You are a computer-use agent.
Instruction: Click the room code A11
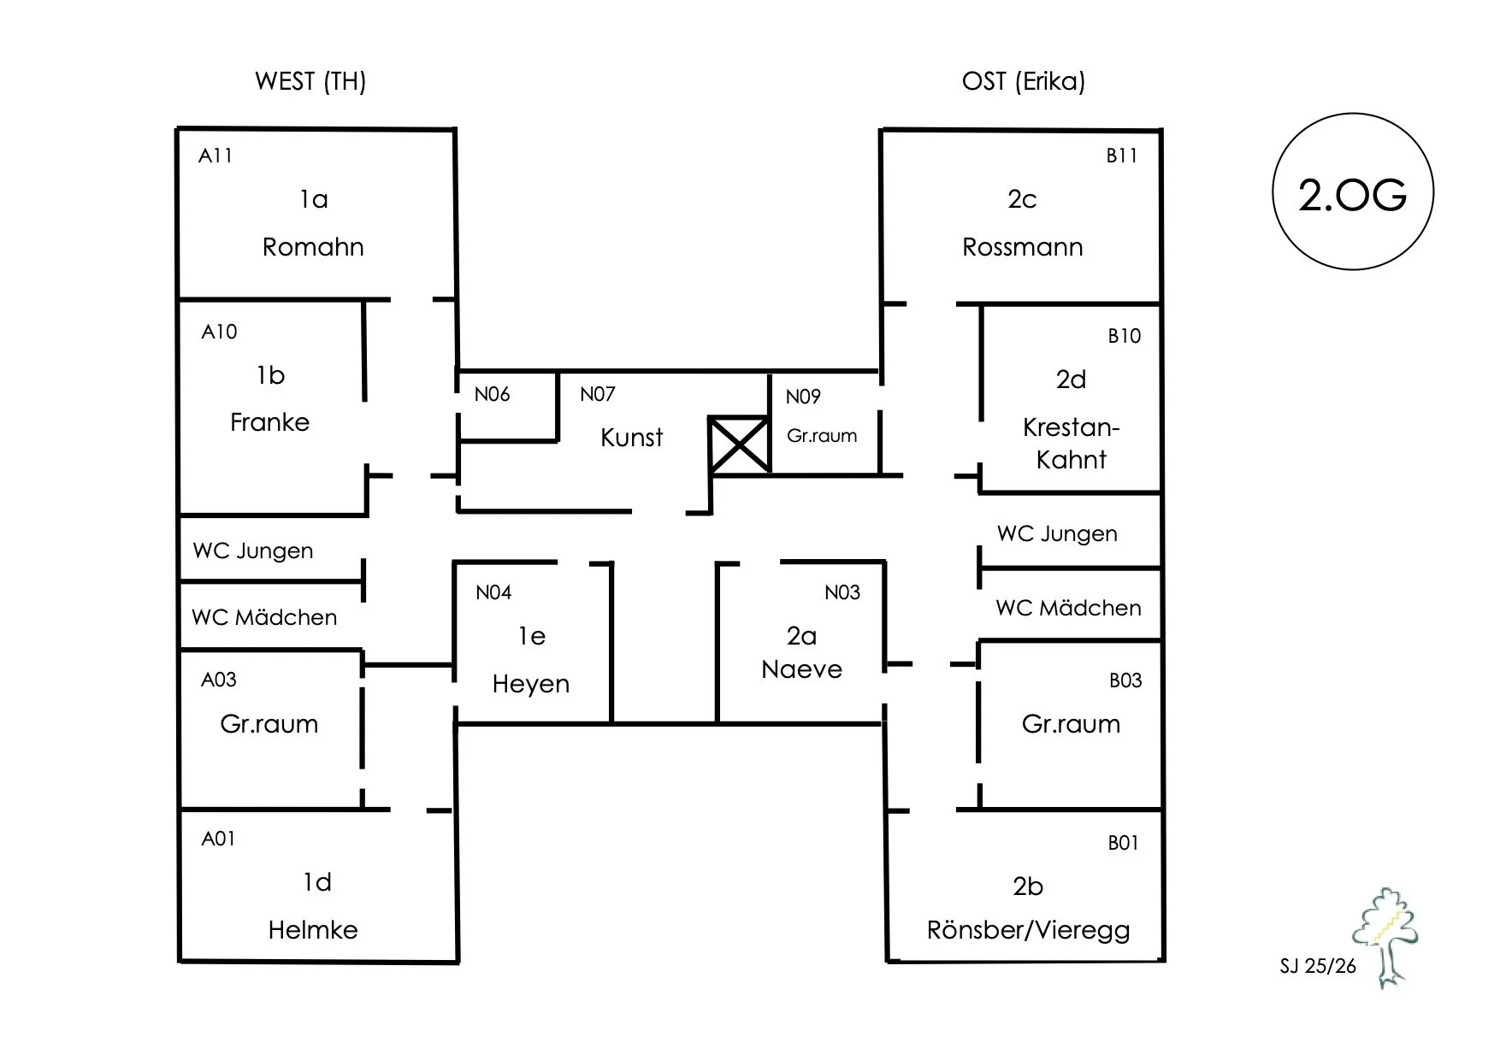[216, 156]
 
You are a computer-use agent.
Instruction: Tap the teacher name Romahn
[313, 247]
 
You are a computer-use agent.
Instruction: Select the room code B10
[1125, 336]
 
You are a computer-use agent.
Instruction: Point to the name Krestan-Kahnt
[1071, 444]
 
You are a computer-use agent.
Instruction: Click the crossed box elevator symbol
[739, 445]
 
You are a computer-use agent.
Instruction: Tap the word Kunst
[631, 438]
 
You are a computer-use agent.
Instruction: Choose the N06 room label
[492, 394]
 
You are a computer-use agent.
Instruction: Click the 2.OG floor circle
[1353, 191]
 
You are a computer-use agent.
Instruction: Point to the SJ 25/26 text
[1318, 966]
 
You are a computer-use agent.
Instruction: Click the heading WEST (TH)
[310, 81]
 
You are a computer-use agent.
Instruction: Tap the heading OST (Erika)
[1024, 81]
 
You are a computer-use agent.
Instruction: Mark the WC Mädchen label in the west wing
[264, 616]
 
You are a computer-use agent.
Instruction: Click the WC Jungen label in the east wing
[1057, 534]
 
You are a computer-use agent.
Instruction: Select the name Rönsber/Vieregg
[1028, 930]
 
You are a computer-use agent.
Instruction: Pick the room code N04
[493, 592]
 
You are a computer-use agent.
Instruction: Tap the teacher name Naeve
[801, 669]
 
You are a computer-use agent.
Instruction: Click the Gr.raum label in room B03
[1071, 724]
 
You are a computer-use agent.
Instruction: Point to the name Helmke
[313, 930]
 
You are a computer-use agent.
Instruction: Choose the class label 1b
[270, 375]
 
